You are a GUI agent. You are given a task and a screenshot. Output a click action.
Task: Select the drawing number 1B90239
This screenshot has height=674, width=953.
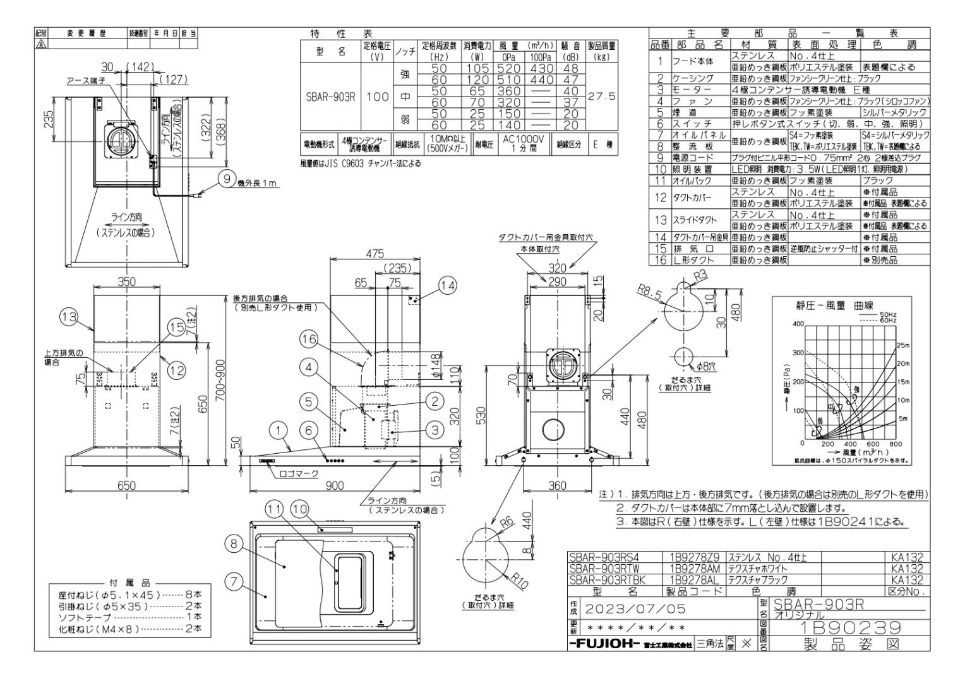coord(846,628)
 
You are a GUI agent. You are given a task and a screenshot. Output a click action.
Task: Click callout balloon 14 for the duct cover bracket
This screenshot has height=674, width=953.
coord(447,287)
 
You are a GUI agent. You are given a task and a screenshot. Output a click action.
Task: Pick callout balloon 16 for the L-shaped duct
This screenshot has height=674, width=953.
coord(308,340)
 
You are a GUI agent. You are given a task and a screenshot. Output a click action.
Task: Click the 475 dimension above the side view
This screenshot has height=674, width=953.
coord(375,254)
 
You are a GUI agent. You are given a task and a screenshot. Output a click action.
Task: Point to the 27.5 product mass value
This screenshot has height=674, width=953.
coord(601,97)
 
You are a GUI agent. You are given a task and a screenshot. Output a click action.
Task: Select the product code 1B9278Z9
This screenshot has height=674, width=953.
coord(691,557)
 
